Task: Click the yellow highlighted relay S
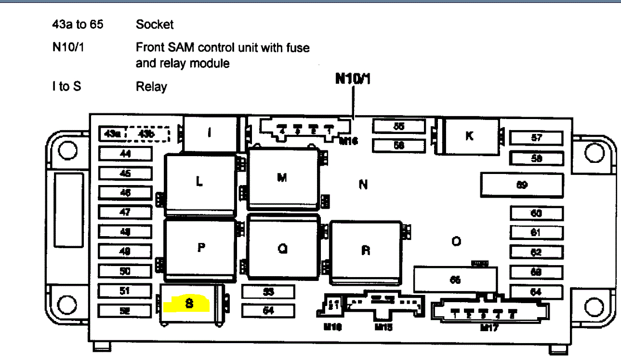pyautogui.click(x=189, y=304)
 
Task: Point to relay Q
pyautogui.click(x=283, y=248)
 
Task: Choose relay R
pyautogui.click(x=366, y=251)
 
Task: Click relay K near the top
pyautogui.click(x=469, y=136)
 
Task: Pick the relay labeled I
pyautogui.click(x=209, y=133)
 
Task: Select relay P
pyautogui.click(x=201, y=248)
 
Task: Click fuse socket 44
pyautogui.click(x=125, y=154)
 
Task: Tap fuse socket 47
pyautogui.click(x=125, y=212)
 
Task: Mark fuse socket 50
pyautogui.click(x=125, y=271)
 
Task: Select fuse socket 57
pyautogui.click(x=536, y=138)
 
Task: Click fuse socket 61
pyautogui.click(x=536, y=233)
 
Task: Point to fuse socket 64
pyautogui.click(x=536, y=292)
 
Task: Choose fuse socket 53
pyautogui.click(x=268, y=292)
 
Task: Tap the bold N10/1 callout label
pyautogui.click(x=353, y=79)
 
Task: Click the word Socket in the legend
pyautogui.click(x=155, y=24)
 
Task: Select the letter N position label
pyautogui.click(x=363, y=184)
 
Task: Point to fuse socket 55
pyautogui.click(x=399, y=126)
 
